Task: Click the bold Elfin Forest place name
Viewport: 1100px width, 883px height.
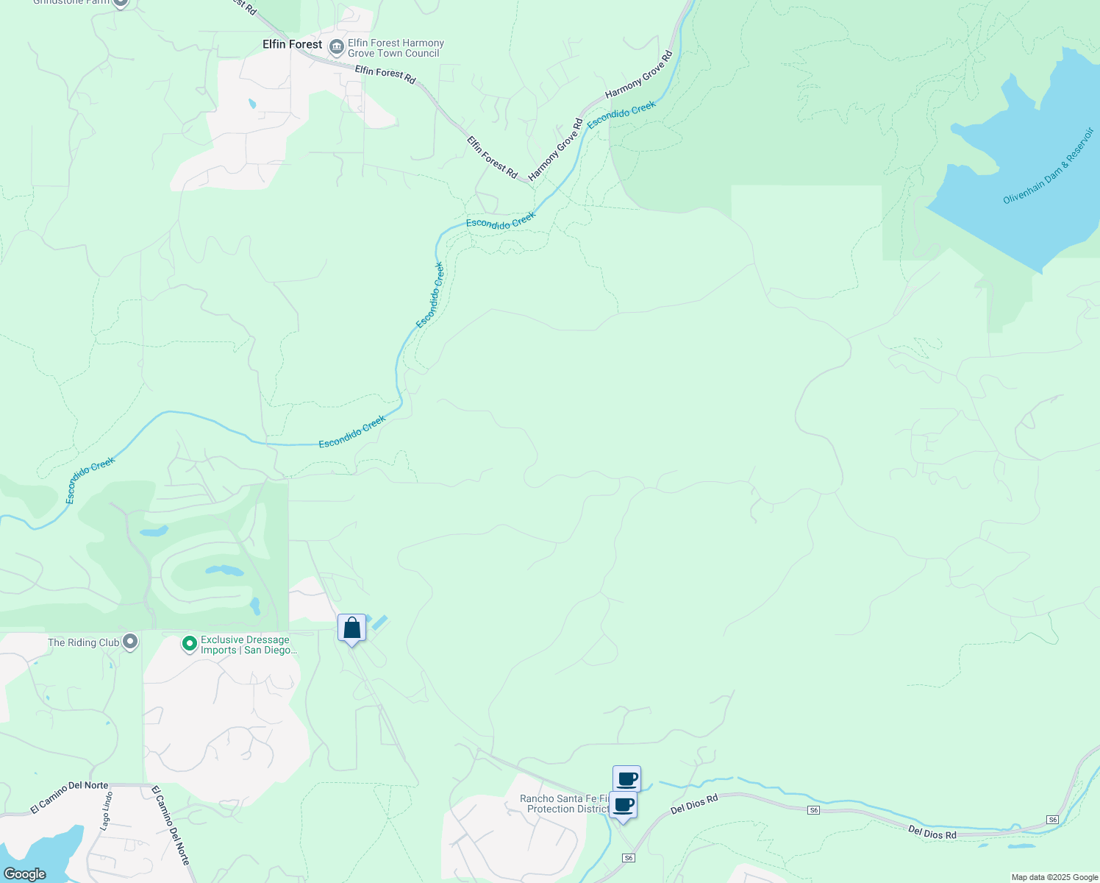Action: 292,44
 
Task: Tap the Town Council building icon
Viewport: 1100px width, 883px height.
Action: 336,48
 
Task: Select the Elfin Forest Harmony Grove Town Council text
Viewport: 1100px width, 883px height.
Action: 396,49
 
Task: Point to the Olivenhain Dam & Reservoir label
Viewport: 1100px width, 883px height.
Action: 1049,167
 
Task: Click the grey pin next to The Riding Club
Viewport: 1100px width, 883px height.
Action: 130,642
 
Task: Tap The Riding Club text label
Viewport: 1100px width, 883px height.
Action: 83,642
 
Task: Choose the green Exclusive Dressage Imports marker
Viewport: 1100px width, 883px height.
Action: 189,645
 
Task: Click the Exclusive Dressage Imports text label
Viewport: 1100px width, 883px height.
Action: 249,645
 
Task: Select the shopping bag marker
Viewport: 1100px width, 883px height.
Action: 352,628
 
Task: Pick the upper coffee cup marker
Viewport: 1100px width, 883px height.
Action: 626,779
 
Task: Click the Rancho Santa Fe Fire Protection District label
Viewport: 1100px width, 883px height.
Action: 564,804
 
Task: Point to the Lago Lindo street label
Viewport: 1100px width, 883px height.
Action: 107,811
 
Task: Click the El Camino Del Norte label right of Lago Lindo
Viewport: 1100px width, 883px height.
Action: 171,825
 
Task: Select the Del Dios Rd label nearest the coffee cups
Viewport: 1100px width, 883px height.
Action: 693,804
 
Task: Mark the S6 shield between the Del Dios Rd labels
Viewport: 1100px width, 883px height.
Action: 813,810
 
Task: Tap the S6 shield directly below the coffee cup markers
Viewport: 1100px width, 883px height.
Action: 628,858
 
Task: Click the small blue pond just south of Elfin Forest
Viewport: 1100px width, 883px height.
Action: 252,104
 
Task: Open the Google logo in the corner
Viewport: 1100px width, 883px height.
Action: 24,873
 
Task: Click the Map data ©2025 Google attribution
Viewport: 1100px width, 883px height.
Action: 1054,877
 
